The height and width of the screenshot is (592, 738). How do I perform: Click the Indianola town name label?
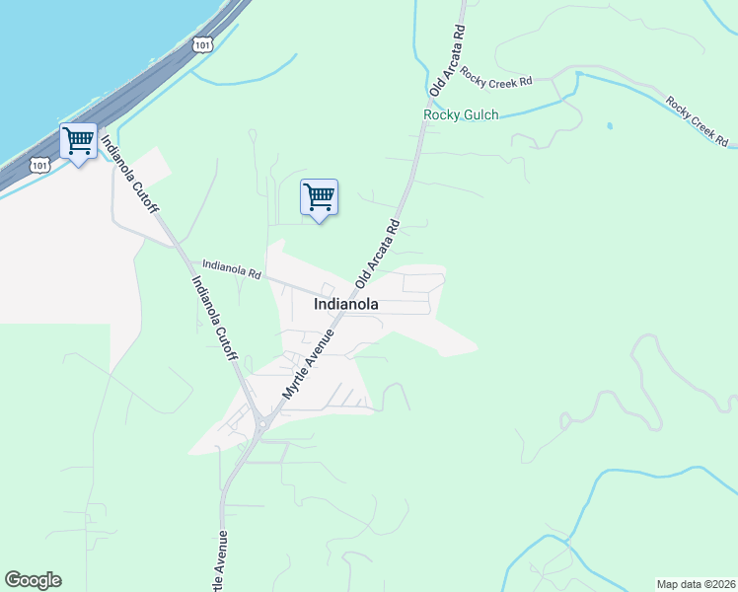click(345, 305)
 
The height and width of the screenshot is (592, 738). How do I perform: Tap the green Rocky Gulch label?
click(461, 114)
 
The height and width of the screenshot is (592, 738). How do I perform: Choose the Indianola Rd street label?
click(232, 267)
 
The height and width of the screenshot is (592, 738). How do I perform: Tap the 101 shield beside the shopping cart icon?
click(39, 164)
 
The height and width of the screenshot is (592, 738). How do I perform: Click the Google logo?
click(33, 580)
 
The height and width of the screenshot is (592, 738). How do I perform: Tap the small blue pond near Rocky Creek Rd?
click(610, 126)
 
